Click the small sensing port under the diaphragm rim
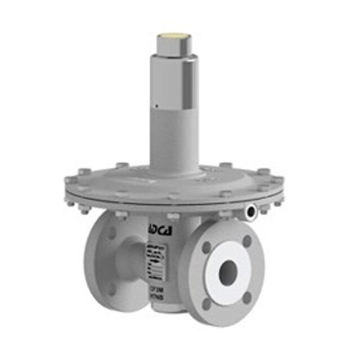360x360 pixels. point(251,210)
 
